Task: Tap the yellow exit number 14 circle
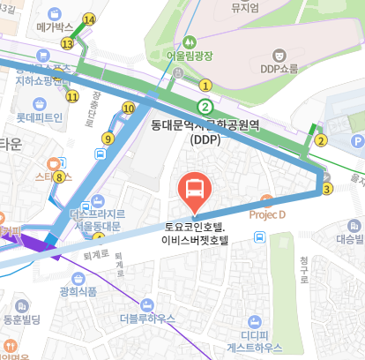tap(88, 19)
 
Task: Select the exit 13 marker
tap(67, 43)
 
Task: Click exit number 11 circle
tap(71, 96)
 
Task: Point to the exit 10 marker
tap(128, 109)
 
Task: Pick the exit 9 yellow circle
tap(108, 138)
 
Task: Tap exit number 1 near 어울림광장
tap(205, 86)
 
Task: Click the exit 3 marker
tap(327, 188)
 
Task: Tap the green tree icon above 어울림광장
tap(190, 41)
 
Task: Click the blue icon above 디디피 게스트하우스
tap(255, 321)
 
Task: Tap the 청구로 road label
tap(302, 268)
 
